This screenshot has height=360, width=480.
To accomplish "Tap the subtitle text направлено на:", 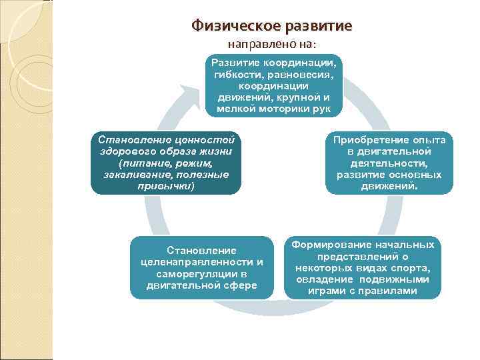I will pos(273,45).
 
